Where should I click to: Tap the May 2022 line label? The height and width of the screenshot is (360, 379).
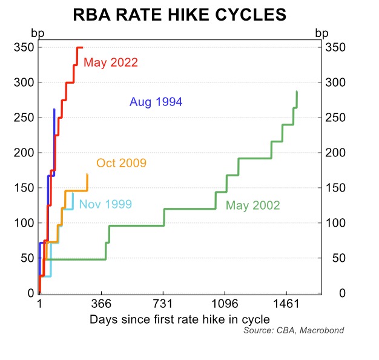[111, 62]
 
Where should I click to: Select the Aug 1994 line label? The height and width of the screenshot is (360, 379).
[156, 102]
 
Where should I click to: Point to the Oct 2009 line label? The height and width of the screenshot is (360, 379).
[121, 163]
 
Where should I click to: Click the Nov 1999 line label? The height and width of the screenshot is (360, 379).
[105, 204]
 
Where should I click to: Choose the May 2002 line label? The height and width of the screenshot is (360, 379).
[253, 205]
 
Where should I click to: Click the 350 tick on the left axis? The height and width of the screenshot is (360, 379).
[22, 47]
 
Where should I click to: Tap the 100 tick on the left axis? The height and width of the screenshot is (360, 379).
[22, 223]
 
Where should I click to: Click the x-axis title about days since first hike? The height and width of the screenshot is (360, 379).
[179, 318]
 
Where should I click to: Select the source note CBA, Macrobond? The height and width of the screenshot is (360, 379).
[294, 330]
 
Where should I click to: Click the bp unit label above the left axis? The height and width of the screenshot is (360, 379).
[37, 33]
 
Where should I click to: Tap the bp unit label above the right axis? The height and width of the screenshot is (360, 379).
[322, 33]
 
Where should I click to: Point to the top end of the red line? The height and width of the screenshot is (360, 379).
[81, 47]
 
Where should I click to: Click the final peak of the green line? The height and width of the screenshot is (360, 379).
[297, 92]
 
